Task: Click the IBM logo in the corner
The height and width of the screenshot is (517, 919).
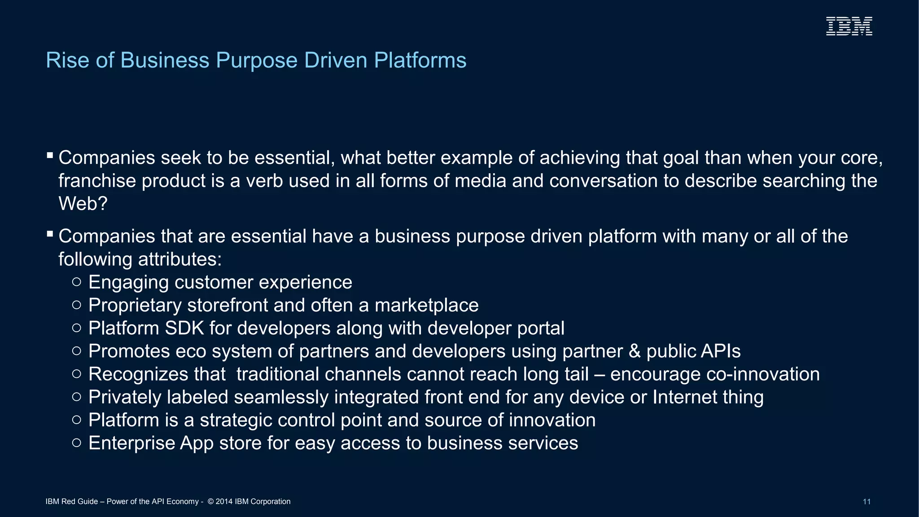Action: coord(849,26)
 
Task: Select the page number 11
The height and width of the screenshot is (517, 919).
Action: coord(866,502)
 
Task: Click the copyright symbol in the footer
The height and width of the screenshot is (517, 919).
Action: coord(210,502)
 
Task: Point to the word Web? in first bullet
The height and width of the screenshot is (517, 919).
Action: coord(83,204)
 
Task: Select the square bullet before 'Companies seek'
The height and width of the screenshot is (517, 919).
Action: coord(50,156)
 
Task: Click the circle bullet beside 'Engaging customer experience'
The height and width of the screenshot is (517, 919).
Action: coord(77,282)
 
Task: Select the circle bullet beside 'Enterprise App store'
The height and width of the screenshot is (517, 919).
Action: coord(77,443)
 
